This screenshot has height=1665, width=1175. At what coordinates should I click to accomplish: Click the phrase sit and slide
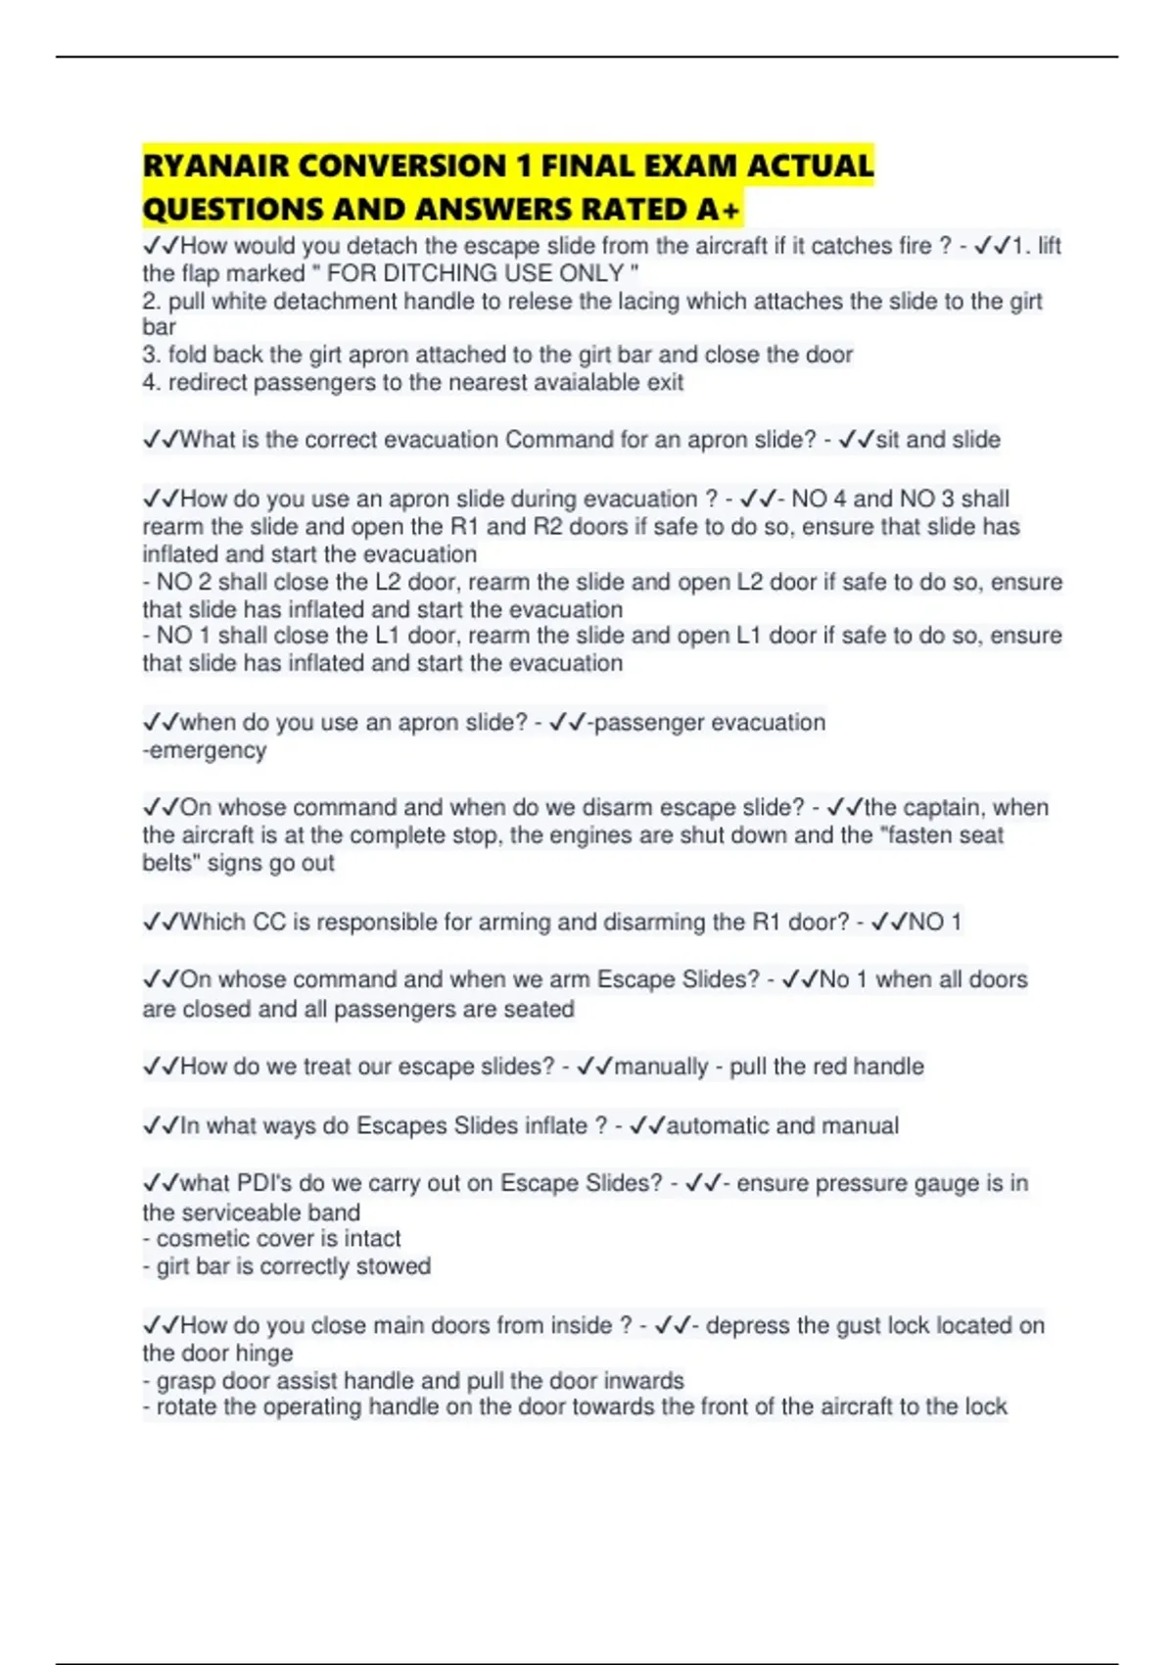pyautogui.click(x=937, y=440)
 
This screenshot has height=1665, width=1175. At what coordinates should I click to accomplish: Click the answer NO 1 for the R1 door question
pyautogui.click(x=935, y=922)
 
